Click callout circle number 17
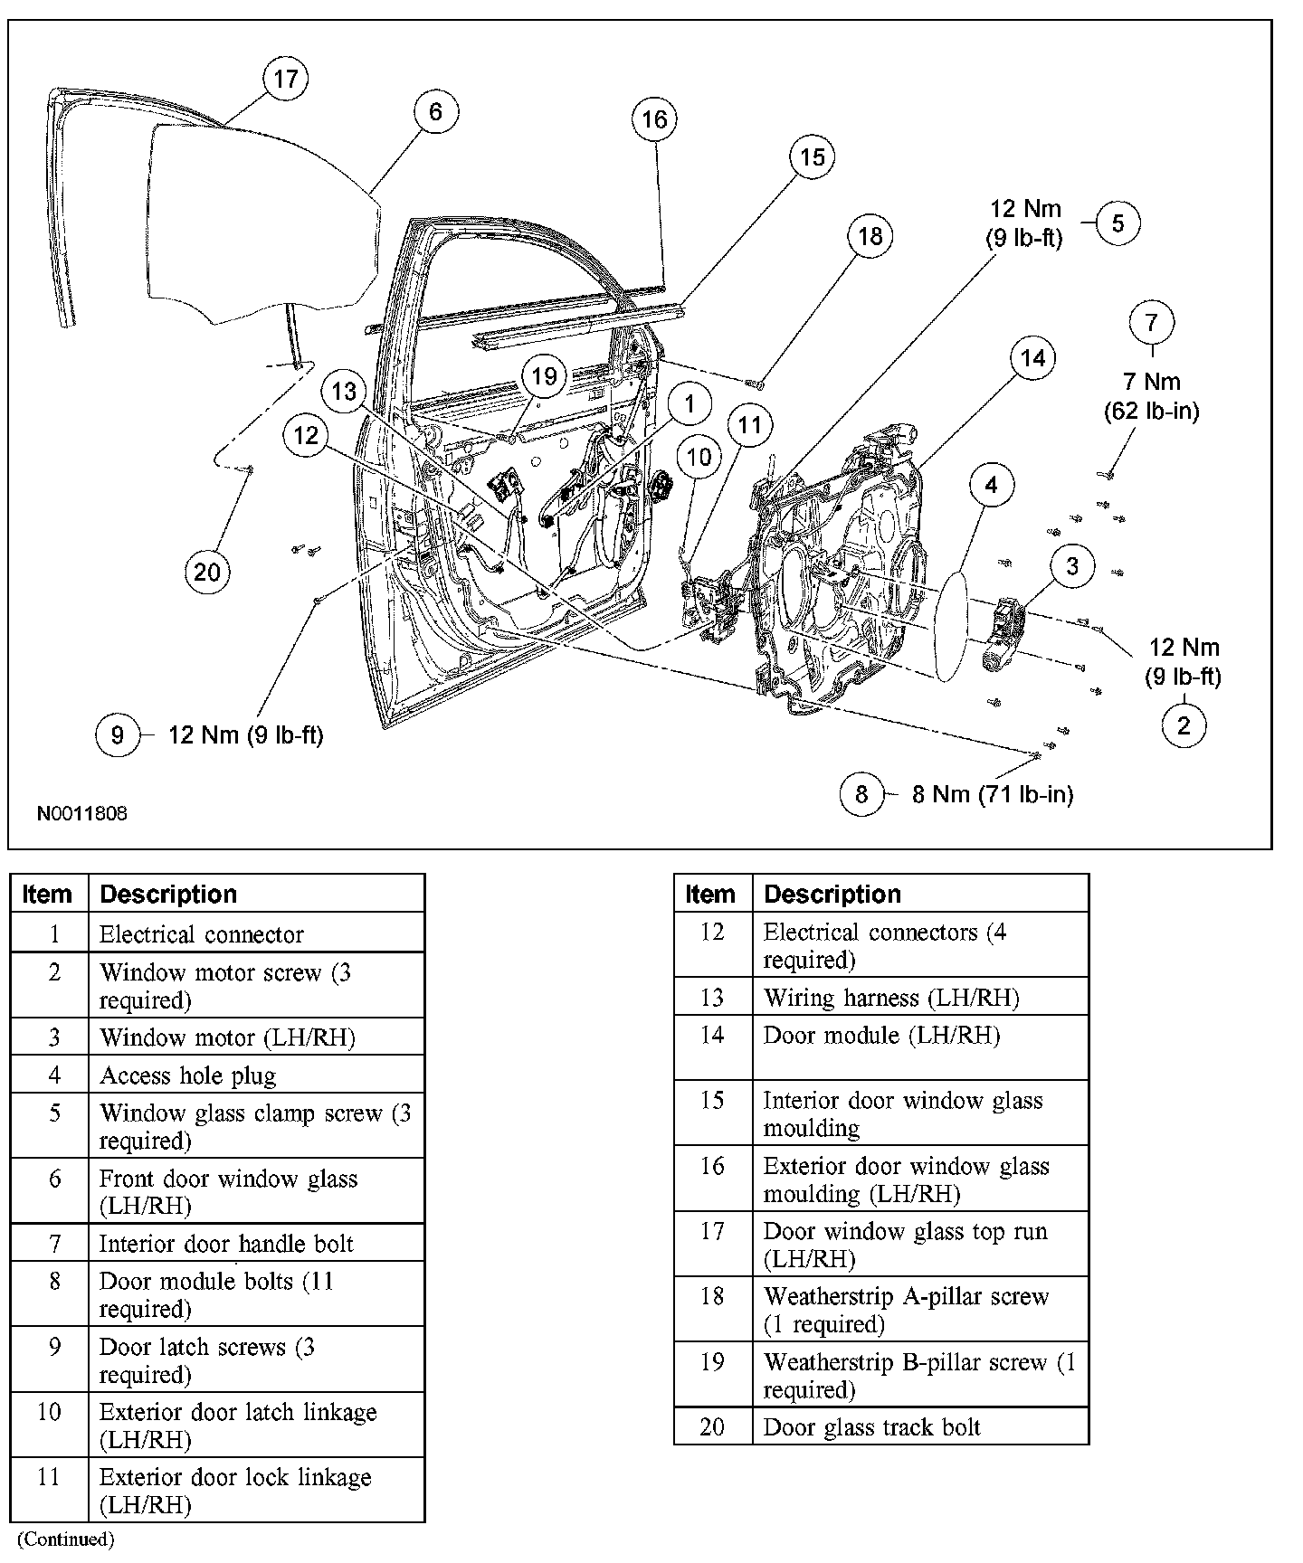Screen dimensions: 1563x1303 pyautogui.click(x=285, y=79)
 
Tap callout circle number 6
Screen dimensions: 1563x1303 pyautogui.click(x=435, y=111)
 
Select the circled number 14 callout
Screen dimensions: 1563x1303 pyautogui.click(x=1032, y=358)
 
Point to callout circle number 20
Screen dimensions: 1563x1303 pyautogui.click(x=207, y=572)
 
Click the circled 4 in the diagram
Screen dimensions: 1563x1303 pyautogui.click(x=992, y=486)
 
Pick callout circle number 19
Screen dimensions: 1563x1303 pyautogui.click(x=543, y=375)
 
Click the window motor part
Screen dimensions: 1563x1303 pyautogui.click(x=1003, y=635)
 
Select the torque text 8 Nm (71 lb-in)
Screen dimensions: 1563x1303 pyautogui.click(x=992, y=794)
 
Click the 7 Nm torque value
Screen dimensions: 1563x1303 pyautogui.click(x=1151, y=382)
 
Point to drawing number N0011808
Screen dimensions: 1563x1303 pyautogui.click(x=82, y=813)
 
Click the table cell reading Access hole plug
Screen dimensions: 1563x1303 pyautogui.click(x=187, y=1075)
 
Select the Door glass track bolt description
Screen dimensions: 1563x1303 pyautogui.click(x=871, y=1427)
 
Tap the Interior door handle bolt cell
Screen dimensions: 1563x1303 pyautogui.click(x=226, y=1244)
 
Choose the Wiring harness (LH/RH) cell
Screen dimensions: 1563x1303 pyautogui.click(x=891, y=998)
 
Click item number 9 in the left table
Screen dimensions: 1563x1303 pyautogui.click(x=54, y=1347)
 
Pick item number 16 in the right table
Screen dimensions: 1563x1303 pyautogui.click(x=712, y=1166)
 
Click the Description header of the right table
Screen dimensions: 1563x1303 pyautogui.click(x=832, y=895)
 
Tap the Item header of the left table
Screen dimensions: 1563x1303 pyautogui.click(x=47, y=895)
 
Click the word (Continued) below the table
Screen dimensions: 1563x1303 pyautogui.click(x=66, y=1539)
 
